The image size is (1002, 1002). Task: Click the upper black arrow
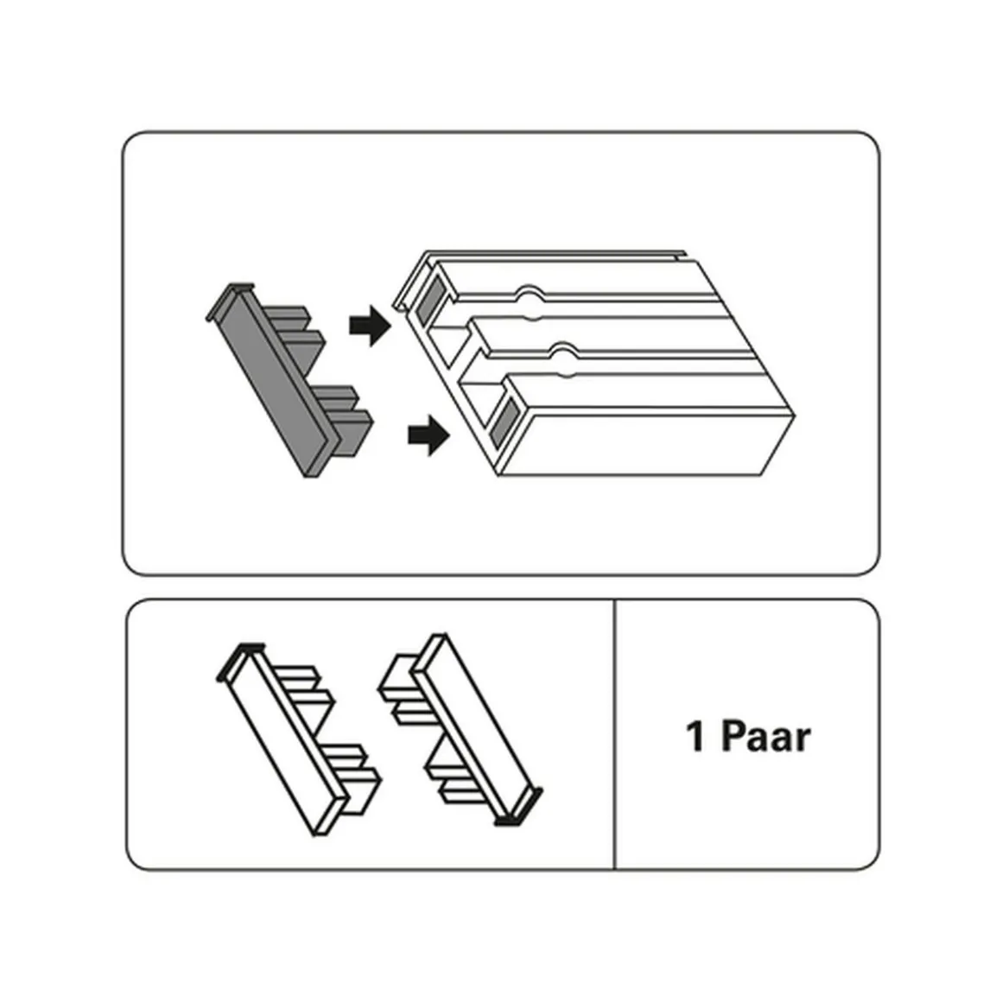[x=370, y=326]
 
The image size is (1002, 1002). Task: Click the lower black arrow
[x=428, y=435]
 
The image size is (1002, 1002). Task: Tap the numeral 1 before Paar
[x=695, y=736]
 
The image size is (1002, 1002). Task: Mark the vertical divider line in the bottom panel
[x=614, y=734]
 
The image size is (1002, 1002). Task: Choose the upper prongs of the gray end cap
[x=293, y=331]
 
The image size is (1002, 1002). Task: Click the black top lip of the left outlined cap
[x=240, y=661]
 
